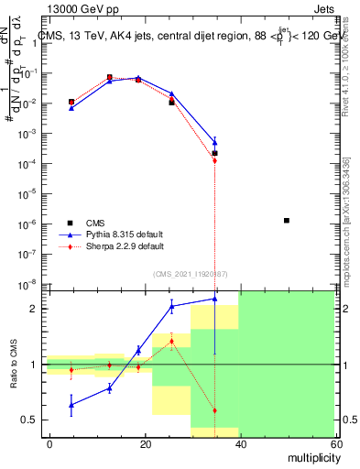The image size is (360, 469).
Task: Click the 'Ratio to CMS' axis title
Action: (x=14, y=364)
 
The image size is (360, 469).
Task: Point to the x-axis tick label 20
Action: (x=146, y=443)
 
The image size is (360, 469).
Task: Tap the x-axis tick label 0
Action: (x=50, y=443)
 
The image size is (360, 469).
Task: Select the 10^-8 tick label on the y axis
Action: (x=29, y=284)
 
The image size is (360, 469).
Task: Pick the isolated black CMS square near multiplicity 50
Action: (x=287, y=221)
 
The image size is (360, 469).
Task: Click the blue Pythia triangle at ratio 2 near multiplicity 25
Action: (x=171, y=306)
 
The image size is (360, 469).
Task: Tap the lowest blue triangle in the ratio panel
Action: (x=71, y=404)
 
